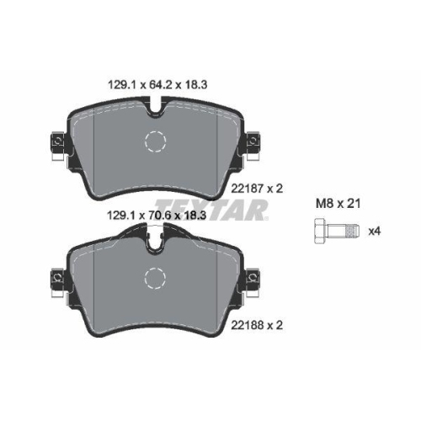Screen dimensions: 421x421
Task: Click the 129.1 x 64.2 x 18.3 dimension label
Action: (x=157, y=84)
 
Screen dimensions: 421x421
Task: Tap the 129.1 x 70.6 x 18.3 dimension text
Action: (x=157, y=216)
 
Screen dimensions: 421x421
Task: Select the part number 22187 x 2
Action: (x=257, y=189)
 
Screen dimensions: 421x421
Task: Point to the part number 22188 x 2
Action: (x=257, y=325)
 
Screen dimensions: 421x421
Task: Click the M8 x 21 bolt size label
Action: (x=338, y=204)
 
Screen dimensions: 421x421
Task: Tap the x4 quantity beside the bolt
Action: (x=375, y=232)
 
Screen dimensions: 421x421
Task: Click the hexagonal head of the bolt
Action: (x=320, y=231)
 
